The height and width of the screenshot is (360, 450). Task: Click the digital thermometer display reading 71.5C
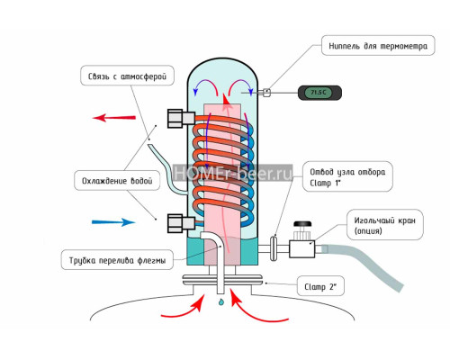point(319,93)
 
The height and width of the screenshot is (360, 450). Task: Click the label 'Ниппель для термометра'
point(378,46)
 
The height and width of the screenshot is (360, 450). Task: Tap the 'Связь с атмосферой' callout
point(127,76)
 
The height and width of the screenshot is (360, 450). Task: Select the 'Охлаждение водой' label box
point(117,181)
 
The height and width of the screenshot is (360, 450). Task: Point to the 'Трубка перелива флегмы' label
point(117,260)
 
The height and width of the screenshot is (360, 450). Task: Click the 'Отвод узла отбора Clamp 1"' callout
point(347,176)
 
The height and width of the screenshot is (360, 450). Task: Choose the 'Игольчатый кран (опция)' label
point(385,225)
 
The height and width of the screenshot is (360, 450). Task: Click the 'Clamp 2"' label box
point(320,286)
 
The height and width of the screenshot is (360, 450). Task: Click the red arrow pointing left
point(114,117)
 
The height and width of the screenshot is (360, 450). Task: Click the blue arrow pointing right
point(113,222)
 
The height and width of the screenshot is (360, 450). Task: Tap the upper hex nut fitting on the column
point(181,119)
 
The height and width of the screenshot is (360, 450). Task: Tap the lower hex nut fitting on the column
point(181,223)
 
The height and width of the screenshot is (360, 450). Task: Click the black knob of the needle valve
point(302,224)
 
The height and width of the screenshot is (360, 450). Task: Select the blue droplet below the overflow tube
point(221,302)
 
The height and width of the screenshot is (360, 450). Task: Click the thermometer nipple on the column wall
point(265,93)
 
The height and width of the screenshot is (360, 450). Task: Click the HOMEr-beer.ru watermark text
point(233,173)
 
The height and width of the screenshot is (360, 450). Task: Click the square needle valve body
point(302,248)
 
